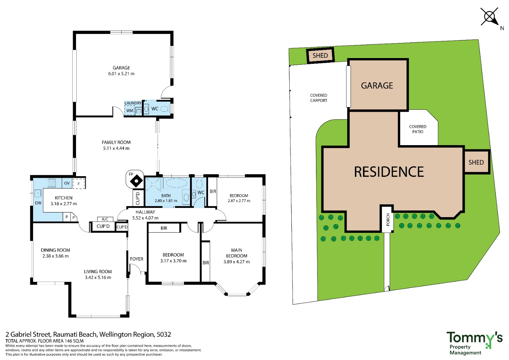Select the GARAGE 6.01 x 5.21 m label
click(x=121, y=70)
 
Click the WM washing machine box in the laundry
click(x=130, y=110)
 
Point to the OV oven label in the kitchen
click(x=67, y=183)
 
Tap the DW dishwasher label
click(x=38, y=203)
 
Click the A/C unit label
click(x=105, y=219)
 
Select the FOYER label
click(x=137, y=259)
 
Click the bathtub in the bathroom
click(x=176, y=183)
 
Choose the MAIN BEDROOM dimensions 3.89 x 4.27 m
click(x=237, y=262)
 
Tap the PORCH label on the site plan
click(x=388, y=220)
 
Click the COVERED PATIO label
click(x=418, y=129)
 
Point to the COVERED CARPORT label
click(x=319, y=98)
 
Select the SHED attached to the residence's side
click(x=476, y=162)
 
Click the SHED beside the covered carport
click(x=320, y=55)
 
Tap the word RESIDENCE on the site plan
click(x=389, y=172)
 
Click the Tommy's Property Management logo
click(x=474, y=343)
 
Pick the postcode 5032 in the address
click(x=164, y=335)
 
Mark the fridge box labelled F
click(x=79, y=184)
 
